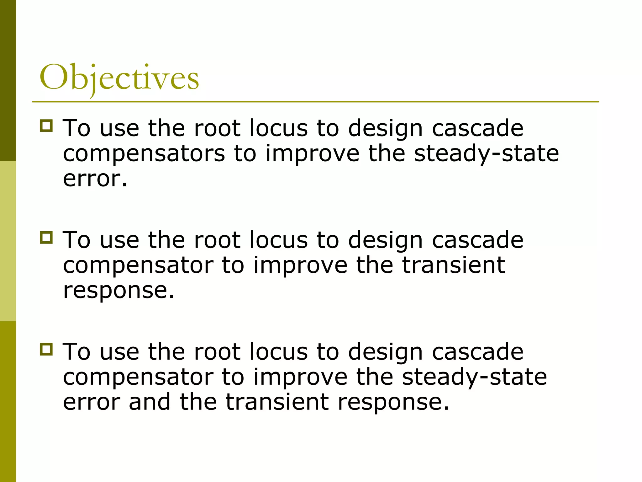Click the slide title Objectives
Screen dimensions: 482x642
click(x=119, y=78)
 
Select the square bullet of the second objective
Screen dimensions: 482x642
click(x=46, y=237)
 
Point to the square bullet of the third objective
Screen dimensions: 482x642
click(x=46, y=349)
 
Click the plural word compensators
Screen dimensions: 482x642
click(x=144, y=154)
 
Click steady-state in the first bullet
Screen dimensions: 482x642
click(x=486, y=154)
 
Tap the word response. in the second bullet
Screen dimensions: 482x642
click(x=118, y=290)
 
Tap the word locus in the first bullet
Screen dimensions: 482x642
click(x=279, y=129)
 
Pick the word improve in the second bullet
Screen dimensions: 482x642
click(x=300, y=265)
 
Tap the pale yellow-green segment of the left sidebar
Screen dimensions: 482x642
click(x=8, y=241)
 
